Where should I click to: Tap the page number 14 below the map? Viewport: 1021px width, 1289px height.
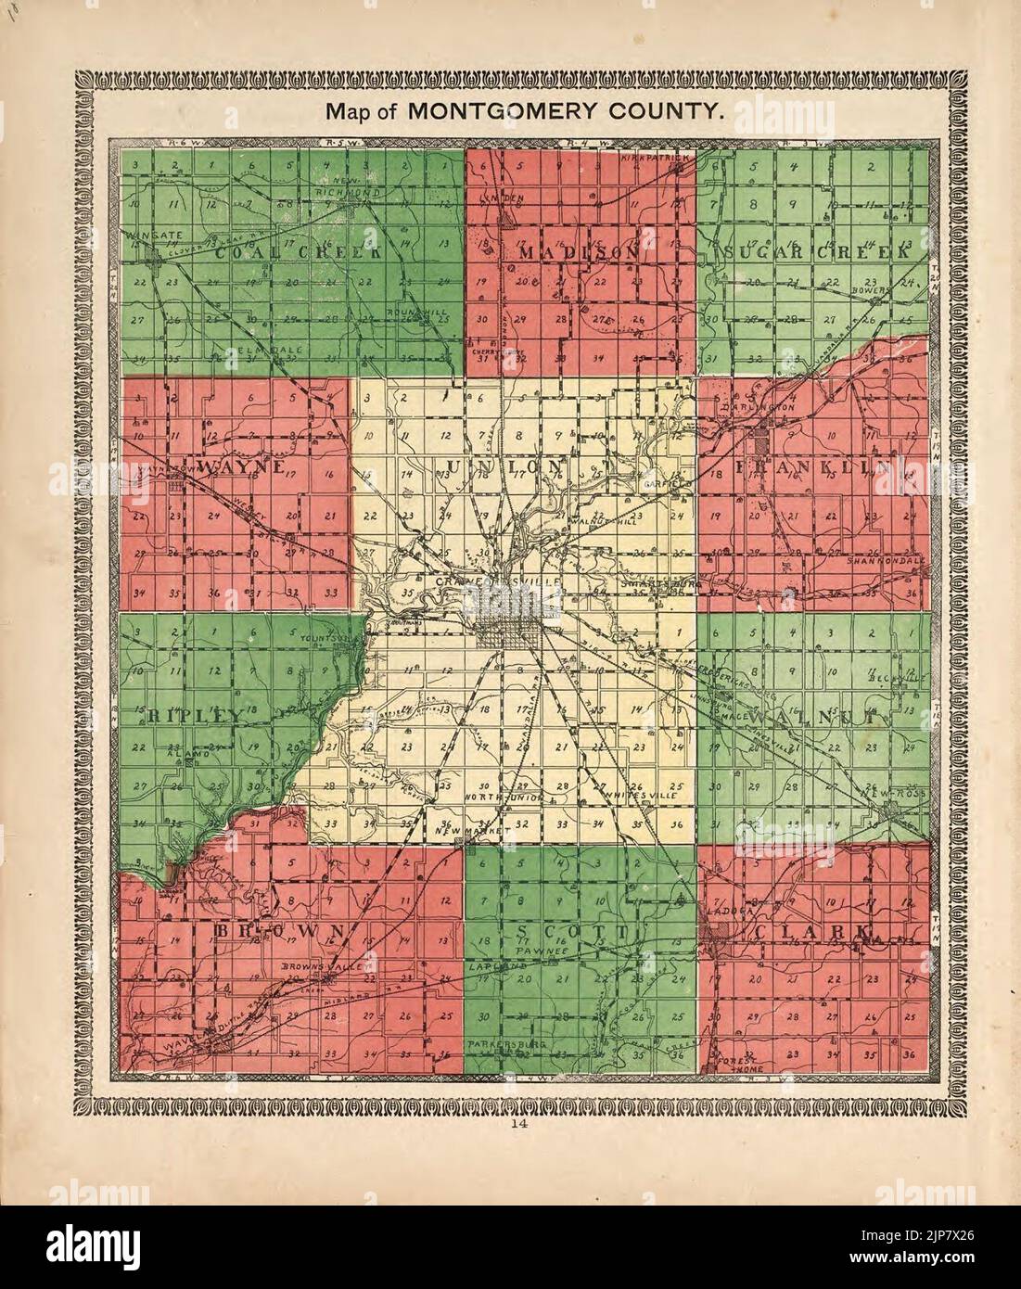click(510, 1126)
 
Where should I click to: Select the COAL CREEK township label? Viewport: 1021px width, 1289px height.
click(298, 252)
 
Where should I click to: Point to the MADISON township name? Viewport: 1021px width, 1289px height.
click(579, 252)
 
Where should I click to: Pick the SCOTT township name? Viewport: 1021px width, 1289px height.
click(575, 930)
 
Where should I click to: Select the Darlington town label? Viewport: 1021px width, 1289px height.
click(759, 406)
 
